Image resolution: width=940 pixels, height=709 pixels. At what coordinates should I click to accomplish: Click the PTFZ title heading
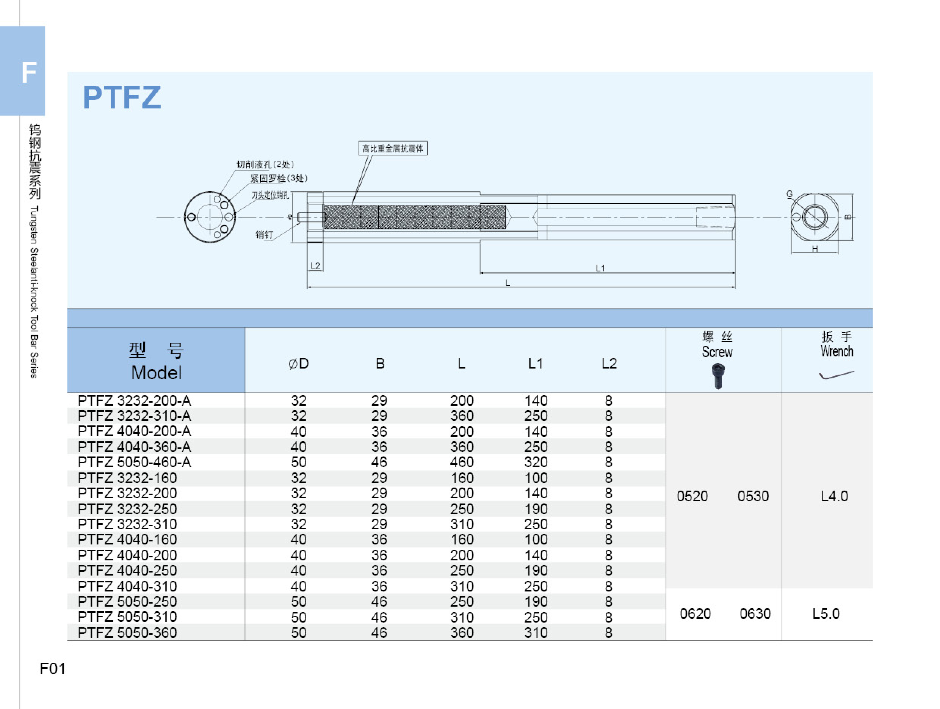pyautogui.click(x=122, y=97)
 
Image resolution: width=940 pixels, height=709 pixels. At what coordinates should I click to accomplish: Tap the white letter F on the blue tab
pyautogui.click(x=28, y=72)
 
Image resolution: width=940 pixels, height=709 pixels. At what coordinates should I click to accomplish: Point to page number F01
pyautogui.click(x=52, y=668)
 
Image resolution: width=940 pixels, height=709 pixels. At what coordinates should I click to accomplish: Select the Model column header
pyautogui.click(x=156, y=373)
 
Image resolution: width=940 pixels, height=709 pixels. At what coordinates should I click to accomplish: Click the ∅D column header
pyautogui.click(x=298, y=364)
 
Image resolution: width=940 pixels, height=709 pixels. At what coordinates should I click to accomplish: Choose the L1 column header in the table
pyautogui.click(x=536, y=364)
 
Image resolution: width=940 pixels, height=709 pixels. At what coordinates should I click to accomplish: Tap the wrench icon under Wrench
pyautogui.click(x=836, y=375)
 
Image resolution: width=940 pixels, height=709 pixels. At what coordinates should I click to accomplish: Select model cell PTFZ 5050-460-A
pyautogui.click(x=134, y=462)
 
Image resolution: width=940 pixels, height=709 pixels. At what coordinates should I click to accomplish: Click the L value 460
pyautogui.click(x=462, y=462)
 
